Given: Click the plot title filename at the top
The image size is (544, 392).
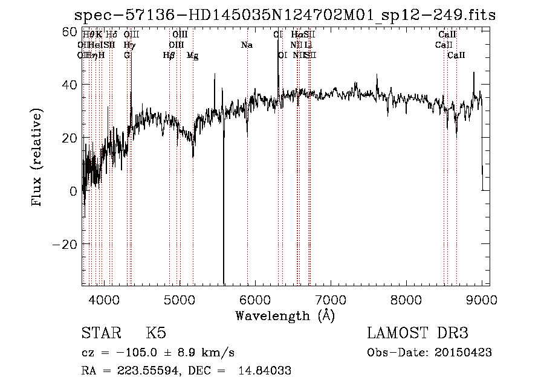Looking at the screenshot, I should click(285, 15).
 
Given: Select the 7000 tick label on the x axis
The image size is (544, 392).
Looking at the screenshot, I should click(331, 299).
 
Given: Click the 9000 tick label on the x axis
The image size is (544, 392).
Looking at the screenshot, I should click(482, 299).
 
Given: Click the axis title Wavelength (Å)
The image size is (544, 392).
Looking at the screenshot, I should click(285, 315).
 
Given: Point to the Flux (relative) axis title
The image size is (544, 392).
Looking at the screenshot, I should click(37, 158).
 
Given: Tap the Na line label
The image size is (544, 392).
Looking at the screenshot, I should click(247, 45).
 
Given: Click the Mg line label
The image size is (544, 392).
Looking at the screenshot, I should click(193, 56).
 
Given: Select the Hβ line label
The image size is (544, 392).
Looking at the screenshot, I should click(169, 56).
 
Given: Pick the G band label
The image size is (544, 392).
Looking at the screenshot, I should click(127, 56).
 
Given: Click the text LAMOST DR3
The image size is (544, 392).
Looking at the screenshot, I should click(418, 333).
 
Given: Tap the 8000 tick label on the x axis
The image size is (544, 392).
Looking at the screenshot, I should click(406, 299).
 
